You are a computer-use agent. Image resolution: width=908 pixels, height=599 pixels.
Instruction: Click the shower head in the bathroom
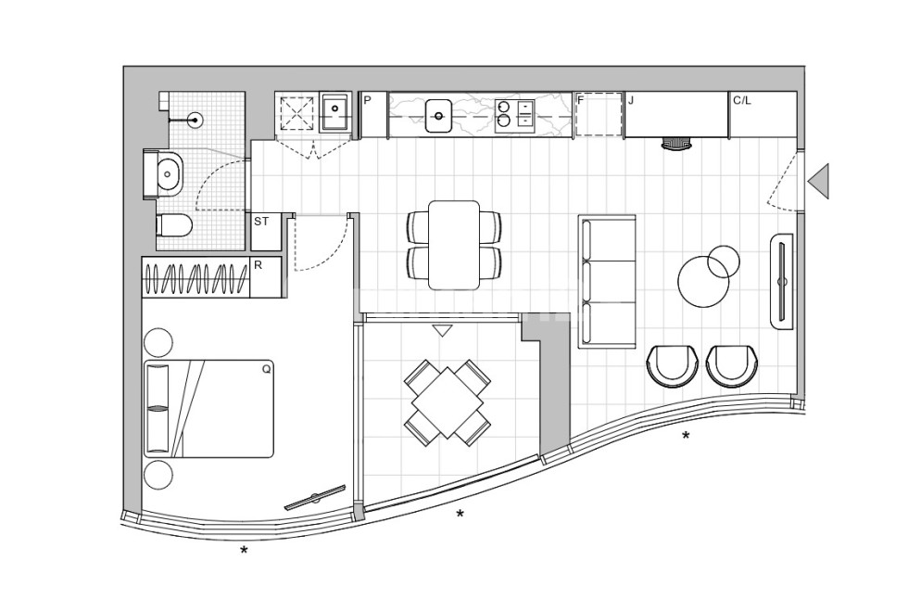click(195, 119)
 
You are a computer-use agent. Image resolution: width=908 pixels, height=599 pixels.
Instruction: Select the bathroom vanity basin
click(168, 172)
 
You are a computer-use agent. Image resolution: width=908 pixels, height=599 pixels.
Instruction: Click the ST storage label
click(261, 223)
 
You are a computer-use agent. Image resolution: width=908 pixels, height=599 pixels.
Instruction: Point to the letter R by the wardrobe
click(259, 265)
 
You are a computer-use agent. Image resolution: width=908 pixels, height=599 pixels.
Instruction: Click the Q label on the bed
click(266, 368)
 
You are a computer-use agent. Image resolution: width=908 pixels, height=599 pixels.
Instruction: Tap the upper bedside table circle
click(158, 342)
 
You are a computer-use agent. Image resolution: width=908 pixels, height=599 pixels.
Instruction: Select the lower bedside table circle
click(158, 474)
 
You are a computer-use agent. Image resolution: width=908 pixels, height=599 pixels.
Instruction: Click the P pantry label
click(368, 100)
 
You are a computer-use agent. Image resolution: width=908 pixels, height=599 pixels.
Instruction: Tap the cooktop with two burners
click(513, 114)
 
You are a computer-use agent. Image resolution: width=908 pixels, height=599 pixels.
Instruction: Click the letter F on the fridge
click(581, 99)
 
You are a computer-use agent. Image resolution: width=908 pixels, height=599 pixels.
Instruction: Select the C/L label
click(742, 100)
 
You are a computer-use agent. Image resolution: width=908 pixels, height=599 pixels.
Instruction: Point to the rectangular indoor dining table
click(454, 245)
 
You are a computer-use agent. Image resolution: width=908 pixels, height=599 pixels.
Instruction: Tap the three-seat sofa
click(607, 282)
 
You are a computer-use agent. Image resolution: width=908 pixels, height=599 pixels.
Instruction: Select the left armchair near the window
click(672, 365)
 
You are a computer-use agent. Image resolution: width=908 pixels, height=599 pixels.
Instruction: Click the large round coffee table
click(703, 281)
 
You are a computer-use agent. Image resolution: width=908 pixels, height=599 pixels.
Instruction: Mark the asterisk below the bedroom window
click(244, 552)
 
